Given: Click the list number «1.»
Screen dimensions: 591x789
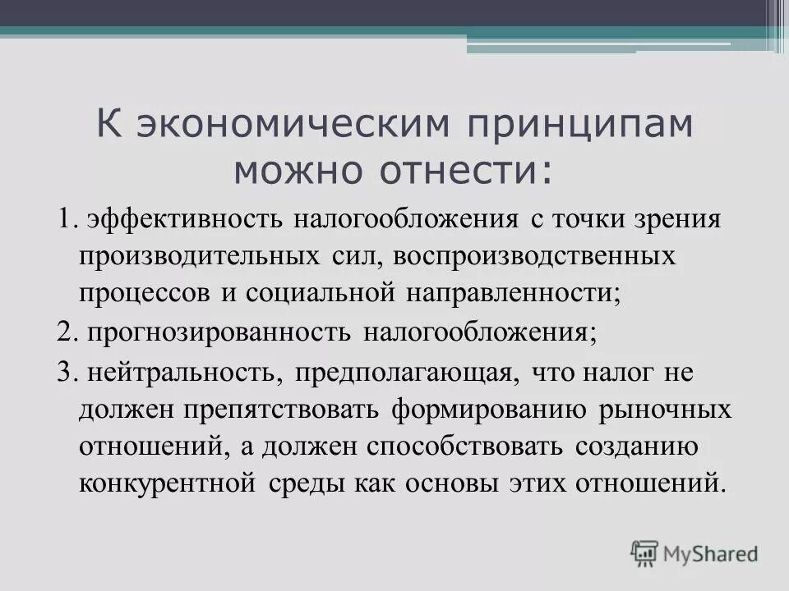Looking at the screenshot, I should [x=67, y=220].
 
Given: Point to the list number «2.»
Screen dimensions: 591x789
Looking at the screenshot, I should [x=67, y=332].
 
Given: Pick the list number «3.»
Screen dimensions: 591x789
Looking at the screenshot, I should [x=67, y=372].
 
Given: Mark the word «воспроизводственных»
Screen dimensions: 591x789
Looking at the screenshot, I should [x=534, y=256].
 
